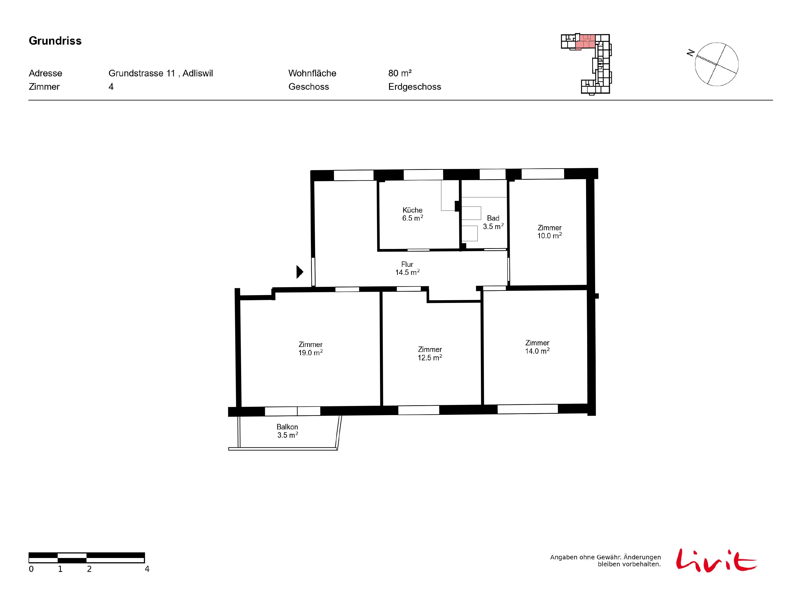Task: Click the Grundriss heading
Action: pos(55,41)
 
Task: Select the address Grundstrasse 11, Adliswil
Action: pos(160,73)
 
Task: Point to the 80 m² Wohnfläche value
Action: pos(400,73)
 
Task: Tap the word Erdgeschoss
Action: pos(415,87)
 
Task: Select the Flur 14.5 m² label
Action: pos(407,268)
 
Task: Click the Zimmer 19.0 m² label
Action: pos(310,349)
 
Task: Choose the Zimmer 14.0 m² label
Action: pos(537,347)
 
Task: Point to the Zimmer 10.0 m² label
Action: pos(549,232)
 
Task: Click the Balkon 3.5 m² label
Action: pos(288,431)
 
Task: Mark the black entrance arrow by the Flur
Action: pos(300,272)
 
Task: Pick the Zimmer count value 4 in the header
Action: pos(111,87)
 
